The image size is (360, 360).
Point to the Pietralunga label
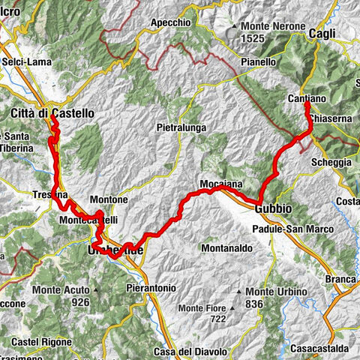click(181, 128)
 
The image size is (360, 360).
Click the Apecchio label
click(170, 23)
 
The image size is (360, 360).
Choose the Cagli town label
click(325, 33)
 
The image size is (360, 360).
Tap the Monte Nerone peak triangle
click(235, 26)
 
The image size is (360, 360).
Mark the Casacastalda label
click(322, 349)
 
